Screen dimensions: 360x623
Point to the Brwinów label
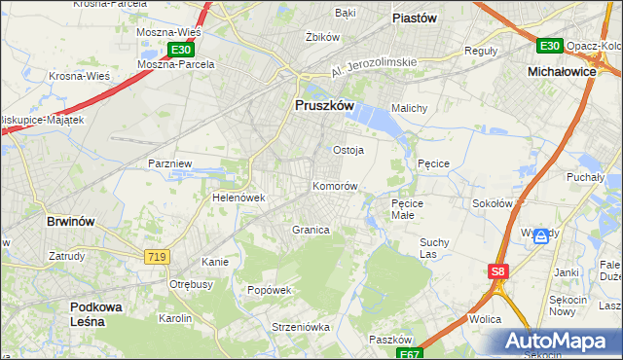tap(71, 222)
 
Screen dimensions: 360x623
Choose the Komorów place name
tap(336, 185)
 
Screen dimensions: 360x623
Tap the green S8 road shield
tap(498, 273)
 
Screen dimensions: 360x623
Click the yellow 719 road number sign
tap(156, 256)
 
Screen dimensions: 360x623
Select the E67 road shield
tap(411, 353)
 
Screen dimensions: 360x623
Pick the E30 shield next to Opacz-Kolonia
tap(549, 46)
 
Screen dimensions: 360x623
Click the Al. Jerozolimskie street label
tap(374, 62)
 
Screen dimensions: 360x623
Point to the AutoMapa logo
tap(560, 342)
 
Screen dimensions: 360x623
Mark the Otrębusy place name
tap(192, 284)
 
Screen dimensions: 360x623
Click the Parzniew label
tap(168, 163)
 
